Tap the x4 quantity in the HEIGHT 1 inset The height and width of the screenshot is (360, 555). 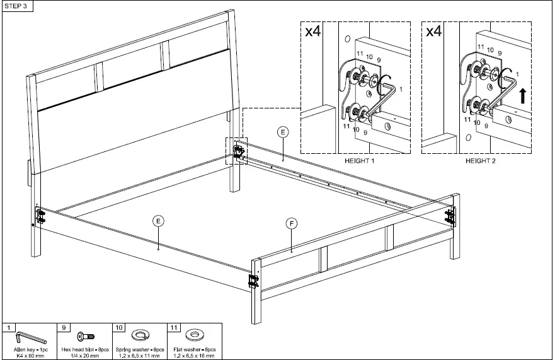313,32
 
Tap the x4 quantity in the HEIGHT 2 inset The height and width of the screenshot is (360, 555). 434,32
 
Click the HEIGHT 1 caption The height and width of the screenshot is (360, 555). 359,161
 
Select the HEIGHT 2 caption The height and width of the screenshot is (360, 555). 481,161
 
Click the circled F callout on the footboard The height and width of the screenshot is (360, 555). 291,223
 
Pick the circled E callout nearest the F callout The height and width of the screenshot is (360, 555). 158,221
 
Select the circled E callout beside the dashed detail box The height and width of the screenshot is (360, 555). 283,132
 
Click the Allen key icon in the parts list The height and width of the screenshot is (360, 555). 29,335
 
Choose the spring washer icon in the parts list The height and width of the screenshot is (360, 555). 139,335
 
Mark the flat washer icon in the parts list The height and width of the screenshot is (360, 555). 195,335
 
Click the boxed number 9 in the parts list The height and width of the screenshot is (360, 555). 66,327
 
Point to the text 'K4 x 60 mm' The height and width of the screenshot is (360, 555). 30,356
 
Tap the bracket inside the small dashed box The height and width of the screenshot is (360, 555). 239,151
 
